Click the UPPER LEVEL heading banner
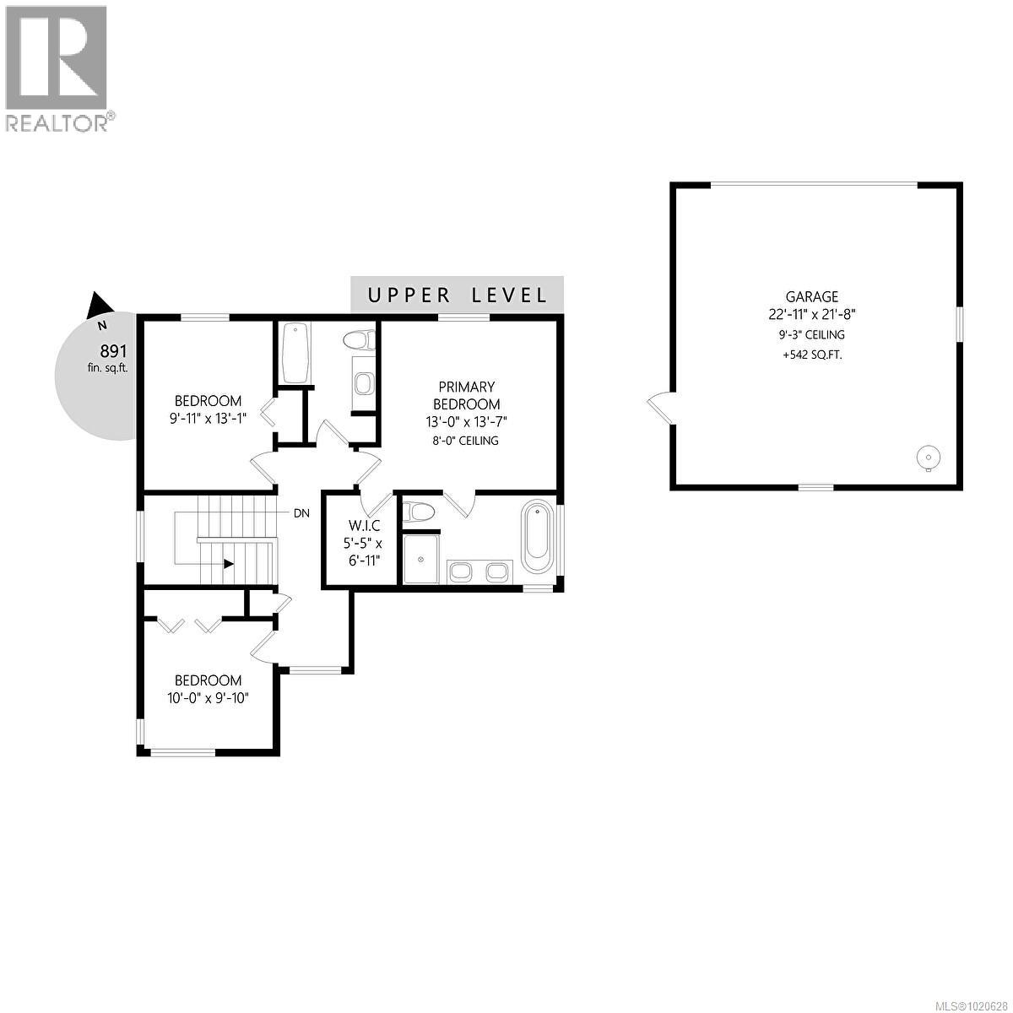coord(457,295)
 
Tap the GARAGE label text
coord(812,296)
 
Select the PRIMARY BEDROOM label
coord(466,395)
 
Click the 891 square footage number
coord(113,351)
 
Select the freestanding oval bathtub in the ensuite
coord(537,537)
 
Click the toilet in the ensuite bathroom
coord(419,512)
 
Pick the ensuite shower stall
coord(420,557)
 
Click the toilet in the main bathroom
coord(360,340)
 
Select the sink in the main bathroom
coord(363,385)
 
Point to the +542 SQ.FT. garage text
coord(812,355)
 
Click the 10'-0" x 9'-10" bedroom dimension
coord(209,698)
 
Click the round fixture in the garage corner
coord(927,458)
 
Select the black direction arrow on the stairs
coord(228,566)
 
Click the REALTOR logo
coord(57,68)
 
